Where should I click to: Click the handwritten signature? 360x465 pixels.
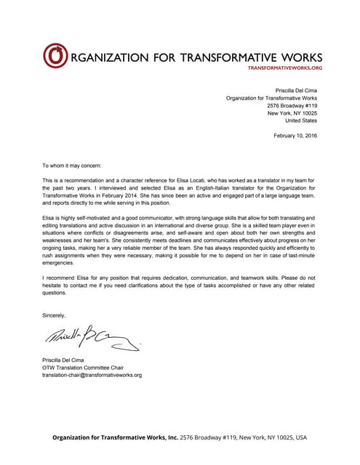tap(87, 353)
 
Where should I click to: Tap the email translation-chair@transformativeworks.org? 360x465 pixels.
tap(92, 375)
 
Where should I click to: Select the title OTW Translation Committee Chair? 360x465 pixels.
tap(83, 368)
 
